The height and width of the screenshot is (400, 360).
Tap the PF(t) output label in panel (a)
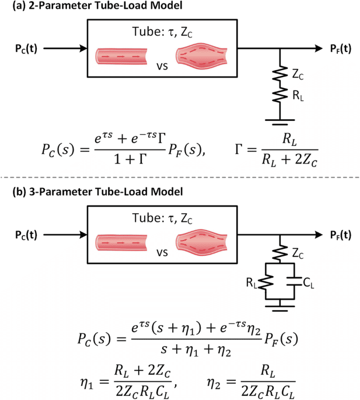tap(340, 48)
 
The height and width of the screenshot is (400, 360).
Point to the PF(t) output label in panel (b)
tap(340, 235)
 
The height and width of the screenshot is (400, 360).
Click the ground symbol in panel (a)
tap(281, 121)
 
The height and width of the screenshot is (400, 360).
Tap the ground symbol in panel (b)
tap(281, 304)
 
